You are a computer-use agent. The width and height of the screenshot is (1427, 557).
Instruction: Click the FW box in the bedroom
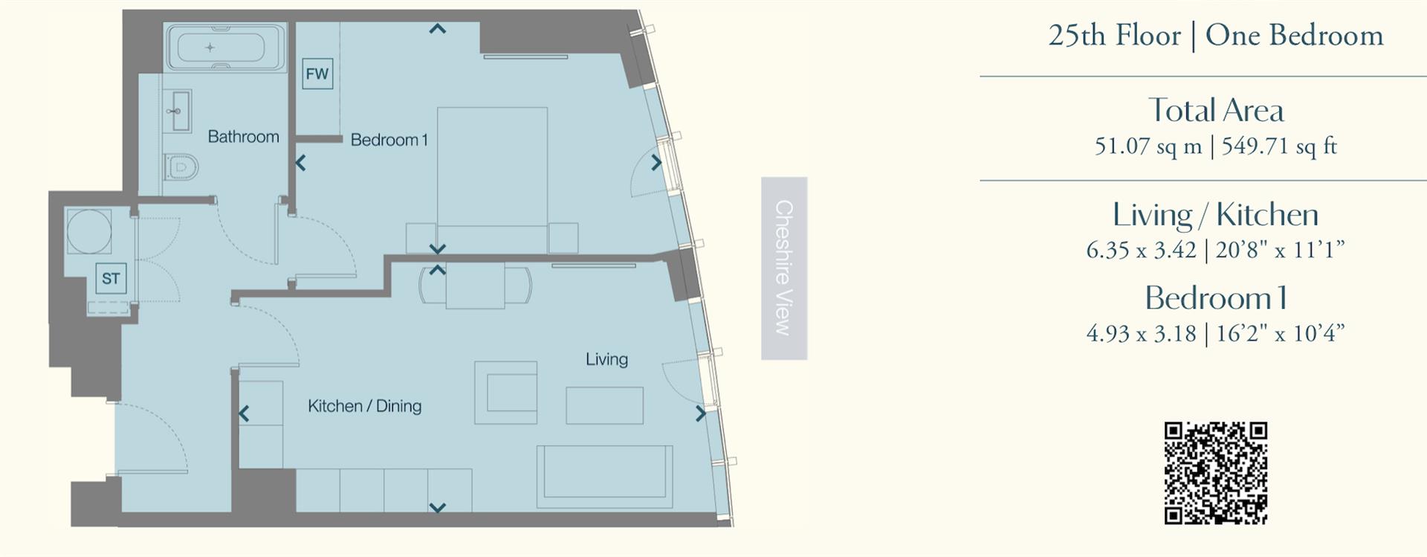317,74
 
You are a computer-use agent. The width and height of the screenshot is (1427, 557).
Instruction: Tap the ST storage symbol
111,279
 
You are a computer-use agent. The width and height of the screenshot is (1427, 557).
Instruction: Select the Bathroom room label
243,137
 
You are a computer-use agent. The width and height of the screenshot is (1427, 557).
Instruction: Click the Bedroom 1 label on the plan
389,140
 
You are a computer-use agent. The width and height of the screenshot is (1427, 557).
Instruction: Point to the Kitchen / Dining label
364,406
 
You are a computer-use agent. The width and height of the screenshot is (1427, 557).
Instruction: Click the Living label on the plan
606,359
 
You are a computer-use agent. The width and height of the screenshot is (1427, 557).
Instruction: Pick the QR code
1215,473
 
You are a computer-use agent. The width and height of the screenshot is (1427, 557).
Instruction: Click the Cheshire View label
784,268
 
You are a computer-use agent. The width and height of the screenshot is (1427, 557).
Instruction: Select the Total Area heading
1215,111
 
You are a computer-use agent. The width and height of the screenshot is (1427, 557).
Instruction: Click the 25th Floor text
1114,36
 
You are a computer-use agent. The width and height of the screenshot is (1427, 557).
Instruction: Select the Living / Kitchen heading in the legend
1215,215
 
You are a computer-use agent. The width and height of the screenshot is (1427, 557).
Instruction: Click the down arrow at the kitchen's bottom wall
438,508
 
